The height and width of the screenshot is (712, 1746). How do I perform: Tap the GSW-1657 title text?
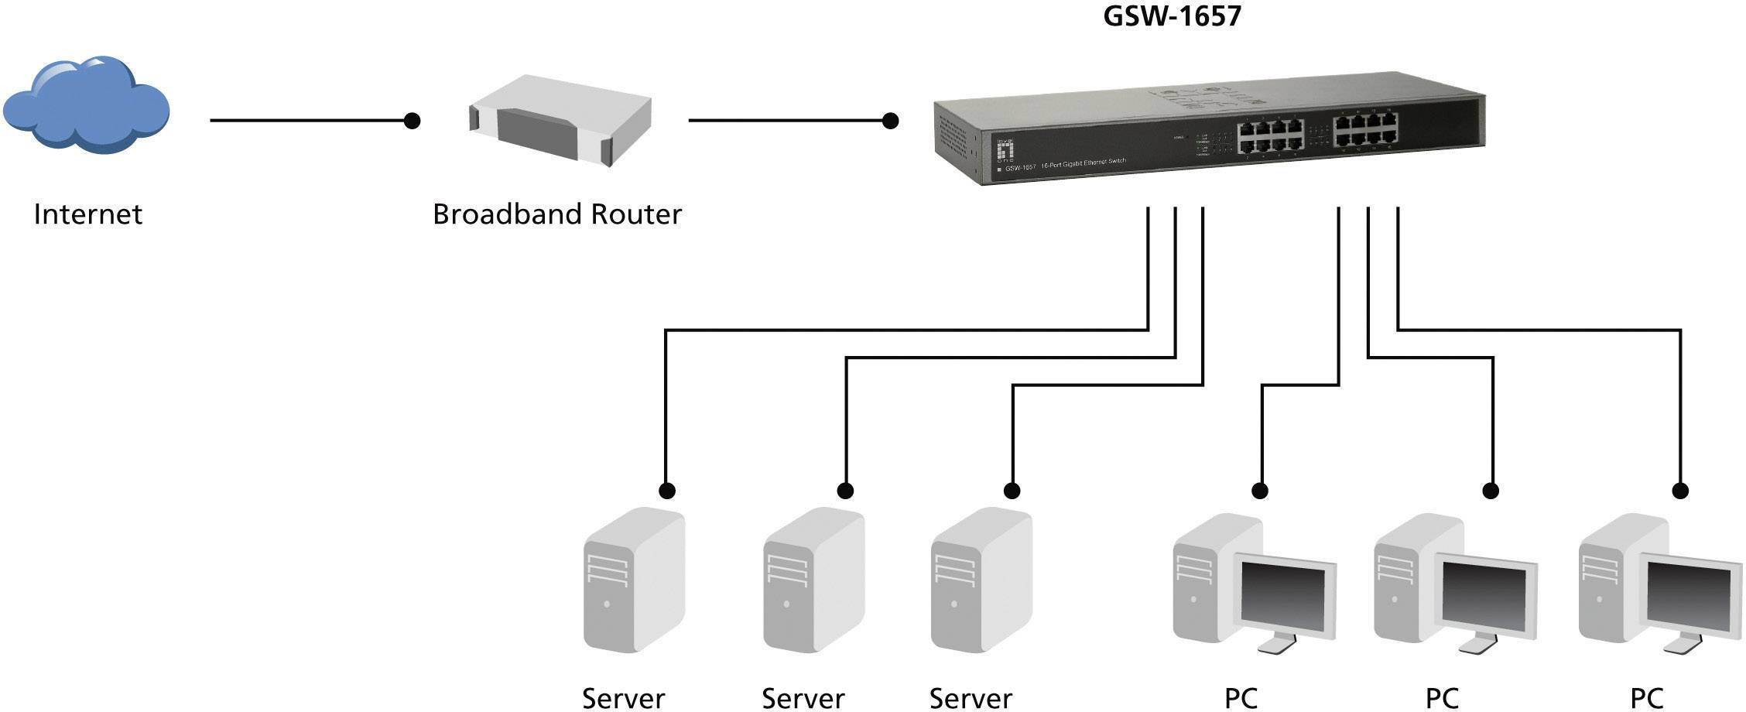(x=1171, y=15)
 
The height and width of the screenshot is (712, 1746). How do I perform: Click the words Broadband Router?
(x=556, y=214)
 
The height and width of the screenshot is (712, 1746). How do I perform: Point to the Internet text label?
(x=87, y=214)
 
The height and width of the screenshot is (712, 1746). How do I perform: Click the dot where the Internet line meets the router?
(x=413, y=121)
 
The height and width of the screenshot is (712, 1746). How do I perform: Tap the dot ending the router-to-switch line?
(x=891, y=121)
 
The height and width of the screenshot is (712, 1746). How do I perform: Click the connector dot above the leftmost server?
(x=666, y=491)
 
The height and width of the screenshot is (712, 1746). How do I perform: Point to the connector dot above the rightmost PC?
(x=1680, y=491)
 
